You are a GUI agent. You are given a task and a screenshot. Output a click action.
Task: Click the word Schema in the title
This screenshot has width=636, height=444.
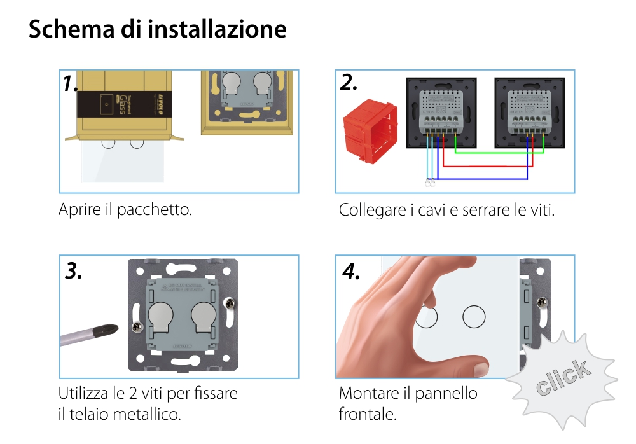coord(62,29)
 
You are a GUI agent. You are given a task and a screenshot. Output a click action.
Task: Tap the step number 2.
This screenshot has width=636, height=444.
coord(349,82)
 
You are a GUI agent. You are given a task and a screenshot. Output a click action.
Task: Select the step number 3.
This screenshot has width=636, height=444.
coord(74,271)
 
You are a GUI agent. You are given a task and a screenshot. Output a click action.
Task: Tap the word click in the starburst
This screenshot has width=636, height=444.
coord(562,377)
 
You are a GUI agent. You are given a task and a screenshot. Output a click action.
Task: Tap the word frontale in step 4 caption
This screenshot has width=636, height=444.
coord(368,415)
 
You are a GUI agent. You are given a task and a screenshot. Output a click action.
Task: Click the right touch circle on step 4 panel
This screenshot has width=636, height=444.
coord(473,316)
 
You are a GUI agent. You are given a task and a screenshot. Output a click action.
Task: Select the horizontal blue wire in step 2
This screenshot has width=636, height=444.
coord(483,179)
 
